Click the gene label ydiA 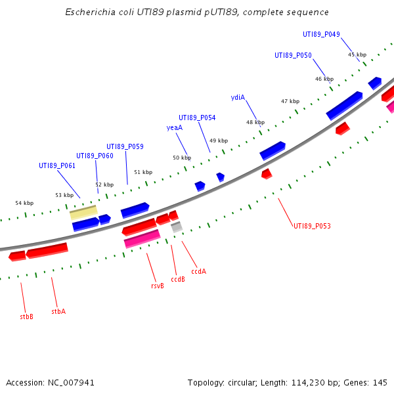pos(238,97)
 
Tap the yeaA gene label pos(175,127)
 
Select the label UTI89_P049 pos(321,34)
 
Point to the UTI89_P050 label pos(293,55)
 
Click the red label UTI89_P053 pos(312,226)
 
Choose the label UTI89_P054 pos(197,118)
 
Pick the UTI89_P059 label pos(125,146)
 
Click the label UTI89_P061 pos(57,165)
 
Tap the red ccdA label pos(198,271)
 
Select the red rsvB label pos(158,286)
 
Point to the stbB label pos(26,316)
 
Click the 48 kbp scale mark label pos(255,122)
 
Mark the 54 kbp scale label pos(24,203)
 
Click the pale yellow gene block pos(83,213)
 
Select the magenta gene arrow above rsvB pos(142,239)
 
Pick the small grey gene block pos(176,227)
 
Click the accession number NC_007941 pos(72,382)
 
